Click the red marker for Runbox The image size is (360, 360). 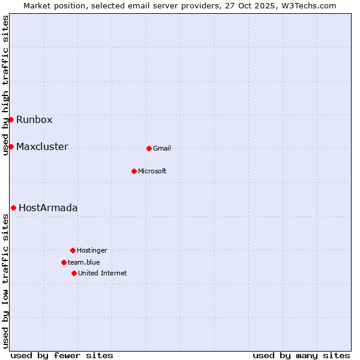(11, 119)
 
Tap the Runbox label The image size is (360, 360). (34, 119)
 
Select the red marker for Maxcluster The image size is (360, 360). (11, 146)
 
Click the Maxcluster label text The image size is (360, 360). (42, 146)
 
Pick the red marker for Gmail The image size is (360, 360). (149, 148)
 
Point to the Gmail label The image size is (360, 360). (162, 148)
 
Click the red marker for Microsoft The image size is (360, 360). (134, 171)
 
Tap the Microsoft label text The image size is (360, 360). (152, 171)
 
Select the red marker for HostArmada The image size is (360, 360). (13, 208)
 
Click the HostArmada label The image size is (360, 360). (48, 208)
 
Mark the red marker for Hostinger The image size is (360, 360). (73, 250)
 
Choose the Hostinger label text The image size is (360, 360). (92, 250)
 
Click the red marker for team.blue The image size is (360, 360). (64, 262)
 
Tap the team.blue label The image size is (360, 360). (84, 262)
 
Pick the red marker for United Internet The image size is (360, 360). (74, 273)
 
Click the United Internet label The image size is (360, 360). (103, 273)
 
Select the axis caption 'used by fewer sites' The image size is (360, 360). (62, 355)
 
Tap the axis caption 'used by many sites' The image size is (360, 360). (301, 355)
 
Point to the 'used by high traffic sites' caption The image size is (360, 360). (5, 85)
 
